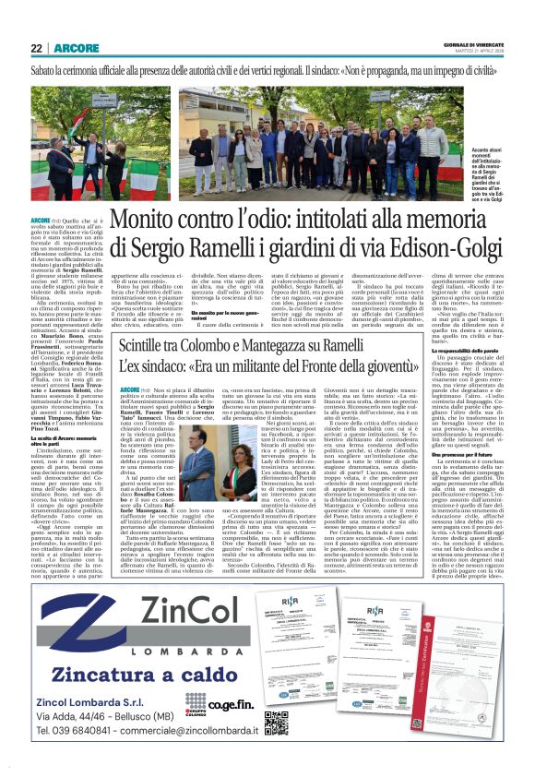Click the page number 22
point(36,48)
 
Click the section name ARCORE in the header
point(72,48)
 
